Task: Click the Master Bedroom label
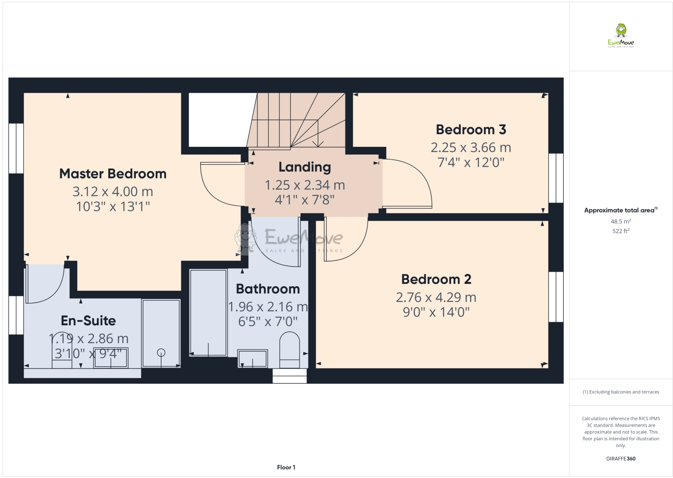(113, 174)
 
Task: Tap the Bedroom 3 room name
(471, 130)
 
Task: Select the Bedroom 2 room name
(436, 279)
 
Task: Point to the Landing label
(305, 167)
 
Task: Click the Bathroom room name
(268, 289)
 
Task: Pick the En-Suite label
(88, 321)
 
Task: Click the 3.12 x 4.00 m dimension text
(113, 191)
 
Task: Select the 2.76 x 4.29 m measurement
(436, 297)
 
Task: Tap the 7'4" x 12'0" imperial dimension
(471, 162)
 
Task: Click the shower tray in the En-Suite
(161, 333)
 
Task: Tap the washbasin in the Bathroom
(252, 358)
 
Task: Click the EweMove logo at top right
(621, 36)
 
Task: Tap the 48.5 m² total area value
(620, 222)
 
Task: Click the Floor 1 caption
(286, 467)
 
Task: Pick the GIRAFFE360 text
(620, 459)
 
